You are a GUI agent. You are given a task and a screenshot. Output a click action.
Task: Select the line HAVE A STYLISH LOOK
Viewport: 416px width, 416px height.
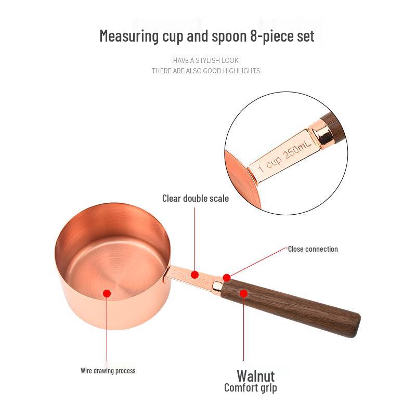pos(206,60)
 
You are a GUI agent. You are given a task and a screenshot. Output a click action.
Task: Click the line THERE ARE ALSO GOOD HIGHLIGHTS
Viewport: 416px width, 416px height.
pos(206,71)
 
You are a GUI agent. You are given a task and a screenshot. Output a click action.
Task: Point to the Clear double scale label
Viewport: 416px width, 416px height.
pos(195,198)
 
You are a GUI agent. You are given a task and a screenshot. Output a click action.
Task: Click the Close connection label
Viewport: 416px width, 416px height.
pos(313,249)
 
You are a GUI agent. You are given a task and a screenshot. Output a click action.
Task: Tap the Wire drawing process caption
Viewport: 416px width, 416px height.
pos(108,371)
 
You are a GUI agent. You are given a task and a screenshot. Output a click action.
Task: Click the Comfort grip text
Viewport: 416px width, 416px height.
pos(250,388)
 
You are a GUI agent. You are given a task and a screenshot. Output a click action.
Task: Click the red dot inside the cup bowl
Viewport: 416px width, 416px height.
pos(107,293)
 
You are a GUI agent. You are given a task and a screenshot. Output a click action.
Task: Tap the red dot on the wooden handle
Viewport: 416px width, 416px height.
pos(243,293)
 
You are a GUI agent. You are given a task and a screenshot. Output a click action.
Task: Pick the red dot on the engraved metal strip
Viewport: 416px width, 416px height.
pos(194,274)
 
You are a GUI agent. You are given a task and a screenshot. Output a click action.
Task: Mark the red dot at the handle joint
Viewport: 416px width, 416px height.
pos(226,277)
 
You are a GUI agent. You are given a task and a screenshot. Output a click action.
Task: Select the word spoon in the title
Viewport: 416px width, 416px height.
pos(214,36)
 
